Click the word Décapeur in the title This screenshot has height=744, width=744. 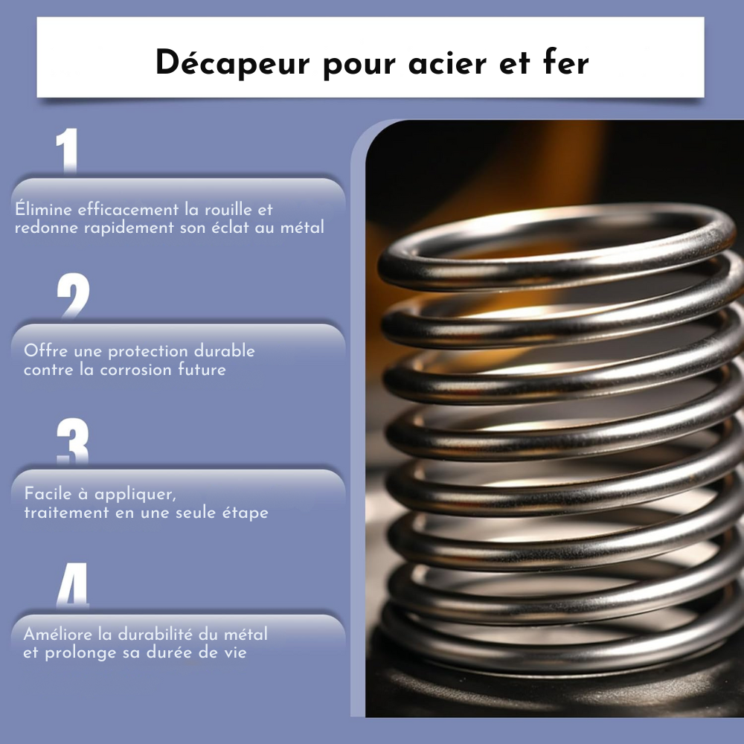click(x=232, y=63)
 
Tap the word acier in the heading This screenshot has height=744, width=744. click(x=447, y=63)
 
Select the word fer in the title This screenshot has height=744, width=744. click(x=565, y=62)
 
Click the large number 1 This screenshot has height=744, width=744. click(x=67, y=150)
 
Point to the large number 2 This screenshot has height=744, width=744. click(x=73, y=295)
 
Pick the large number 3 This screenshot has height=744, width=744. click(x=73, y=440)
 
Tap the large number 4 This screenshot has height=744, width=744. click(x=73, y=585)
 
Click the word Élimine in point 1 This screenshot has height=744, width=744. click(x=44, y=209)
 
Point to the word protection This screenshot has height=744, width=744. click(x=148, y=352)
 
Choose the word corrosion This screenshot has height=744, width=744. click(x=136, y=370)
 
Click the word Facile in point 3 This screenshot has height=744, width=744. click(x=48, y=493)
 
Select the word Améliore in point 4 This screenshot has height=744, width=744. click(x=58, y=634)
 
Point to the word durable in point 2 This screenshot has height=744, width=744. click(x=225, y=350)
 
